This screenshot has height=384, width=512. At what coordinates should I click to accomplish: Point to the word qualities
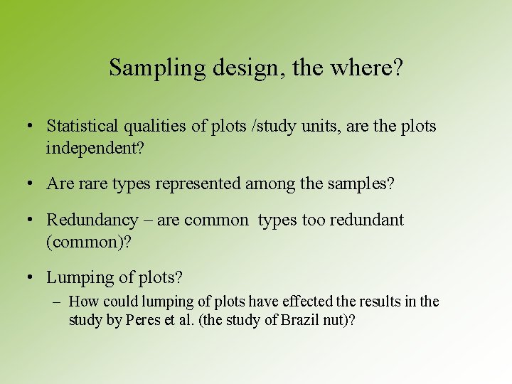156,127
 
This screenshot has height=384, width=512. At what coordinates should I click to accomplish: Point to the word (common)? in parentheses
88,242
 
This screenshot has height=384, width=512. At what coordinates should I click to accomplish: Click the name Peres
143,321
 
